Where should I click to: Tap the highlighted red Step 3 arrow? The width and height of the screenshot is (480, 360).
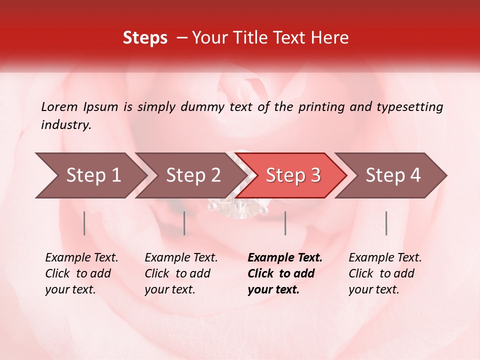coord(293,175)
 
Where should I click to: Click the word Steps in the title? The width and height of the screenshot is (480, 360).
coord(145,38)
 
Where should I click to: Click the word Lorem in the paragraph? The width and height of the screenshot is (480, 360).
coord(59,107)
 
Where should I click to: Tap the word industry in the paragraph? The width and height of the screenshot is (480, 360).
coord(66,125)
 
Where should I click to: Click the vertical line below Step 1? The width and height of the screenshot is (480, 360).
coord(84,223)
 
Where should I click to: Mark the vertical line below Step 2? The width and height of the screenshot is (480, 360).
coord(184,223)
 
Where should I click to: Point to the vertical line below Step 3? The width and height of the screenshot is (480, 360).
coord(285,223)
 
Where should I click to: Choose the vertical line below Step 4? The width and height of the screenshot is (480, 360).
coord(386,223)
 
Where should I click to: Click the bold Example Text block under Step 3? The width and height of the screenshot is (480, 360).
coord(285,273)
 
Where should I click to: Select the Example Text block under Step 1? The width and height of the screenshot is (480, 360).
coord(81,273)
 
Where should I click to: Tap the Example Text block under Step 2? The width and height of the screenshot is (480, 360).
coord(181,273)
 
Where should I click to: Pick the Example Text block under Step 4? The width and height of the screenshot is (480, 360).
coord(385,273)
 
